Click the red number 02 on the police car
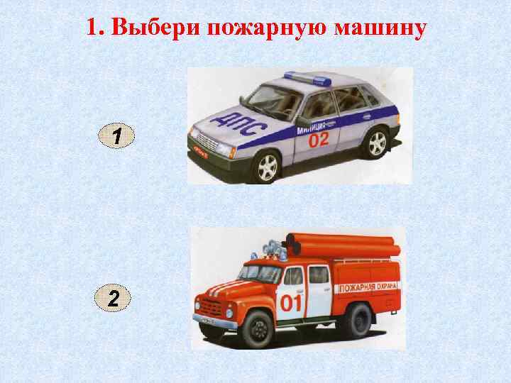(318, 140)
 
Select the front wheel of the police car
(267, 167)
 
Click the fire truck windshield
(254, 274)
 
